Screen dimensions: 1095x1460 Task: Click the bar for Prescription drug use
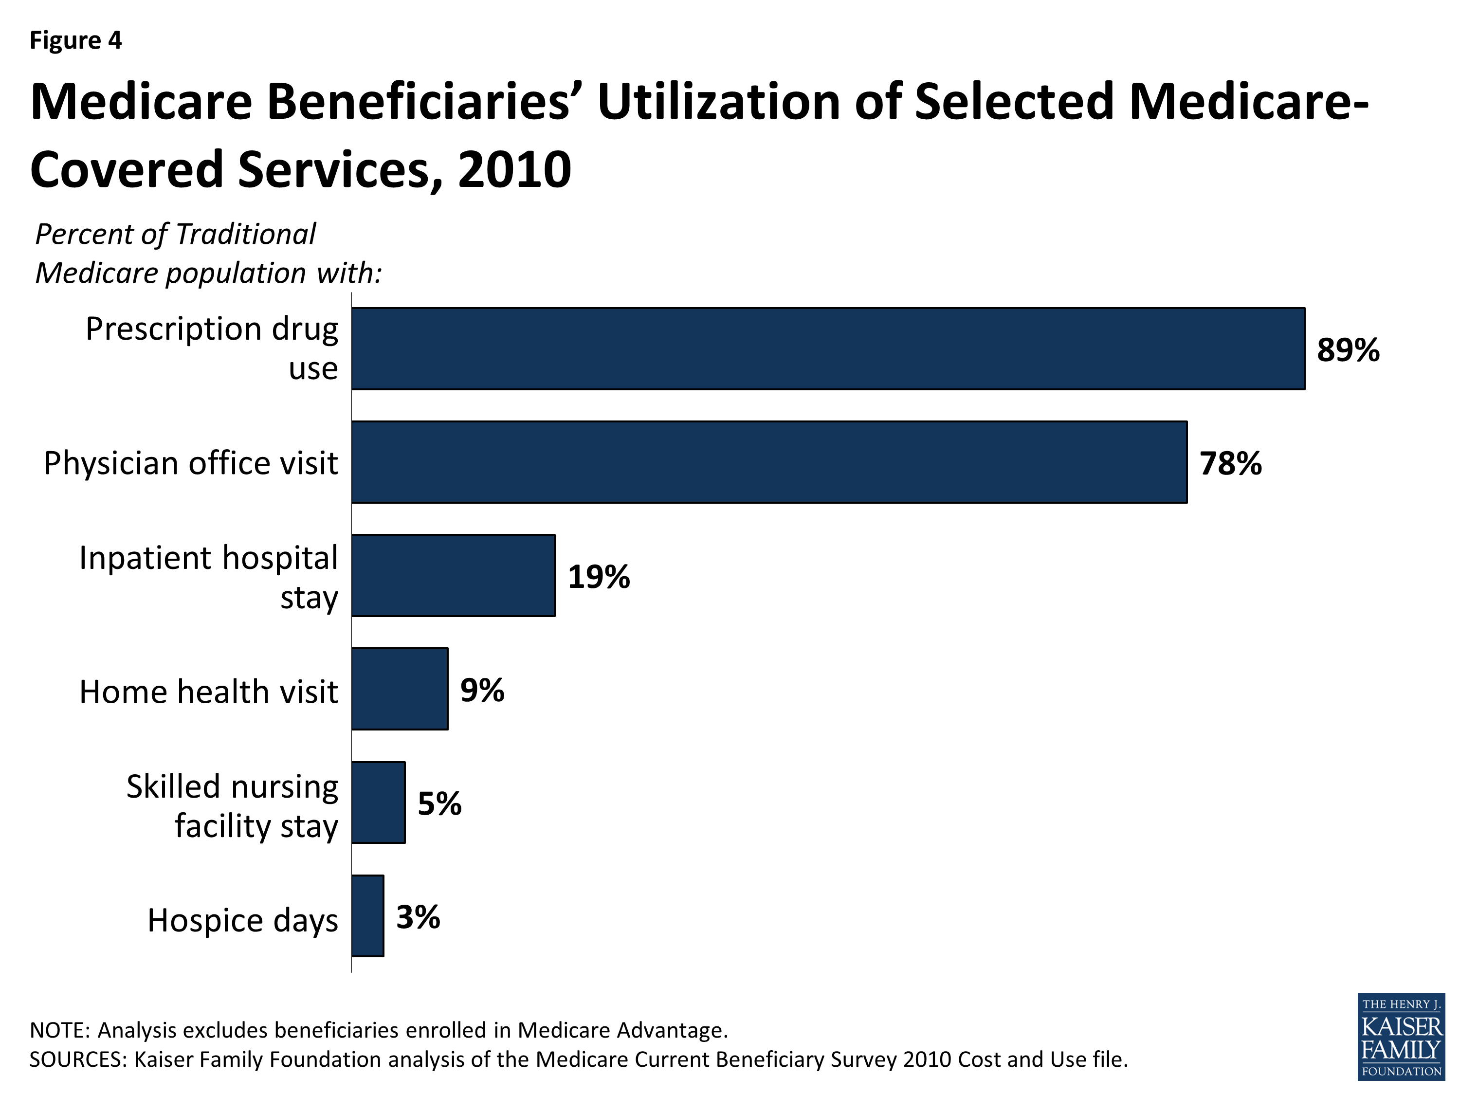click(x=828, y=348)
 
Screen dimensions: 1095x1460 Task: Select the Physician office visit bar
click(x=769, y=462)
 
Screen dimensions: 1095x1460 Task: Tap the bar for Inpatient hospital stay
click(x=454, y=576)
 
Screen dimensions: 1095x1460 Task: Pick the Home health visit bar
click(x=400, y=689)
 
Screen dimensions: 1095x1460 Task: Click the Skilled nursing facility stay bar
click(x=378, y=803)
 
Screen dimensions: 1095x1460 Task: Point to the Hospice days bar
click(x=367, y=916)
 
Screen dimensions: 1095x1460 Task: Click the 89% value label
click(x=1348, y=350)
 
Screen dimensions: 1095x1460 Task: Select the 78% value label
click(x=1230, y=463)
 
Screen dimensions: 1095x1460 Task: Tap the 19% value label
click(x=599, y=577)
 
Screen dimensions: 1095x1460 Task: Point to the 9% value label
click(x=482, y=691)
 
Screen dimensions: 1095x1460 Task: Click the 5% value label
click(x=439, y=804)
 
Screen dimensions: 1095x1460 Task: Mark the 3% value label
click(x=418, y=917)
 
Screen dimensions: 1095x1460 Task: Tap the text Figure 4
click(x=76, y=41)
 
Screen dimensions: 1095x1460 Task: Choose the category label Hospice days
click(x=242, y=920)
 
